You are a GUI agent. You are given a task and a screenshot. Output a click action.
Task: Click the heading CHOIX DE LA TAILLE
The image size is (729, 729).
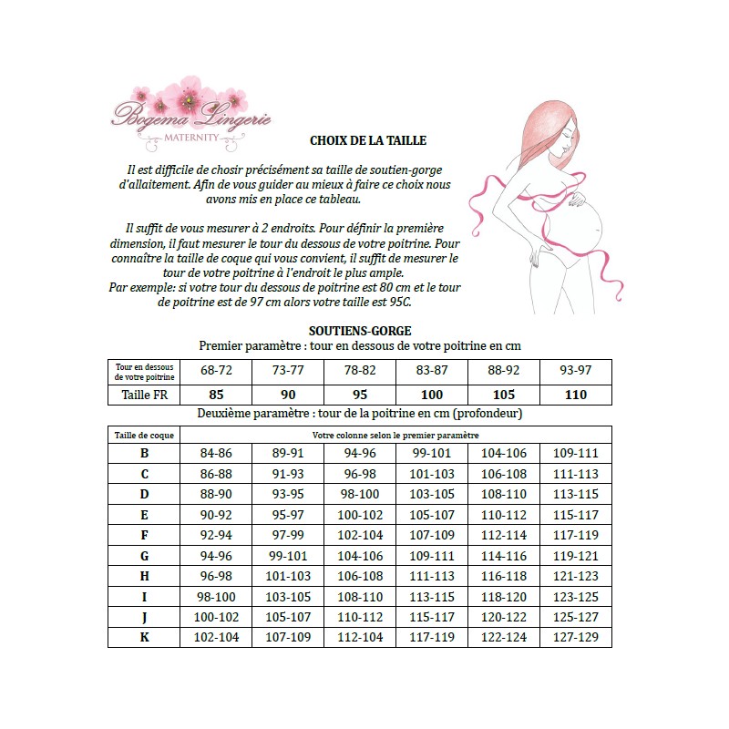[x=368, y=141]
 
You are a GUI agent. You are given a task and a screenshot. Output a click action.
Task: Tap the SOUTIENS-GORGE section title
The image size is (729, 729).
[x=360, y=332]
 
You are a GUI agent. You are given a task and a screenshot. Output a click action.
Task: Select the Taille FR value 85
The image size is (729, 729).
[x=217, y=395]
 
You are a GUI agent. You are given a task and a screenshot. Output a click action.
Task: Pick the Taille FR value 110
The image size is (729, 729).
[x=575, y=395]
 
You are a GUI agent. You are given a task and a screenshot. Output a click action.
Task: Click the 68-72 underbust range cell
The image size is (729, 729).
[x=217, y=370]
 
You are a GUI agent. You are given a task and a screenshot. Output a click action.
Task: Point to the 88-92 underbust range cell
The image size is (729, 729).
[x=503, y=370]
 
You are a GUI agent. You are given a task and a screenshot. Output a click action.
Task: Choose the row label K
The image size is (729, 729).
[x=145, y=637]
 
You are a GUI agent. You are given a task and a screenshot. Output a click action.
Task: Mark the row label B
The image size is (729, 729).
[x=145, y=453]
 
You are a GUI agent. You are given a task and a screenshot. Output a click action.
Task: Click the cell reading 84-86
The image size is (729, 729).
[x=217, y=453]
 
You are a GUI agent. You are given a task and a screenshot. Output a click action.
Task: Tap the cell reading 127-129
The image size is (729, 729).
[x=575, y=637]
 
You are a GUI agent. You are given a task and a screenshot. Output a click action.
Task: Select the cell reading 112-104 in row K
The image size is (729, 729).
[x=360, y=637]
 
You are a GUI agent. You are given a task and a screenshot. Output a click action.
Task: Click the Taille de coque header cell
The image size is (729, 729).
[x=144, y=435]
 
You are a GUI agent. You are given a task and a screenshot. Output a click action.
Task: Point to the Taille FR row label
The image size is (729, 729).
[x=144, y=395]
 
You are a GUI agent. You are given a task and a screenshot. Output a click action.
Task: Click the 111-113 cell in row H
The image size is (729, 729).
[x=432, y=576]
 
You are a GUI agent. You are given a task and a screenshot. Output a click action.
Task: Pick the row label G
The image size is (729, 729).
[x=145, y=555]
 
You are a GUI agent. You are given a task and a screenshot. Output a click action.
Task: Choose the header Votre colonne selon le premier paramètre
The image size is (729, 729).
[x=395, y=435]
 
